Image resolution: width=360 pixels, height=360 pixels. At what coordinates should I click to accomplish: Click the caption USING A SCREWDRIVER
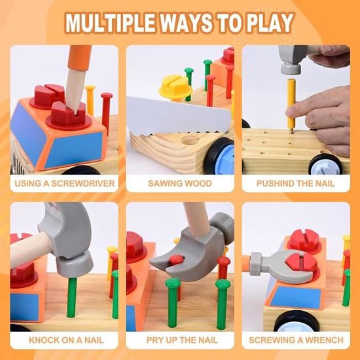coord(65,183)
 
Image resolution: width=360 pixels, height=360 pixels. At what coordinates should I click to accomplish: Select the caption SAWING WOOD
coord(180,183)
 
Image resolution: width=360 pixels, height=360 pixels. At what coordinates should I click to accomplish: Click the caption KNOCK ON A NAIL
coord(66,340)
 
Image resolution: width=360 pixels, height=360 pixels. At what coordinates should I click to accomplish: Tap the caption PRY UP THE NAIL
coord(182,340)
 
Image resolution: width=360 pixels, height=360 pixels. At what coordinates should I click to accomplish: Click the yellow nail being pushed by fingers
coord(291,105)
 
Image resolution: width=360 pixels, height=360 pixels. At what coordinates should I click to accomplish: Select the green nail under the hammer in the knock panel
coord(72,297)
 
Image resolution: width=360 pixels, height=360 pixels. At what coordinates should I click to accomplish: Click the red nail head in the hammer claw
coord(176,259)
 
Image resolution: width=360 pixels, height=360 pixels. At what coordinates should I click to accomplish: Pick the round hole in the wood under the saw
coord(190,139)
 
